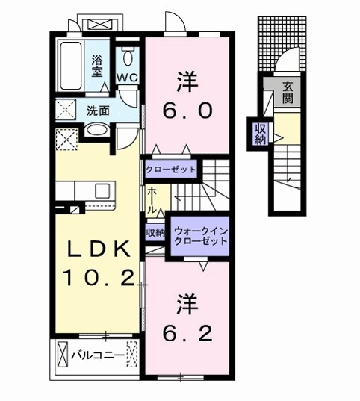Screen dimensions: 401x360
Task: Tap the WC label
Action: click(x=126, y=77)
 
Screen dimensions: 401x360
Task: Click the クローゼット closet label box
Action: click(x=171, y=170)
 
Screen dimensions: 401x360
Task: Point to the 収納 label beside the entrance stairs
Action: click(x=259, y=134)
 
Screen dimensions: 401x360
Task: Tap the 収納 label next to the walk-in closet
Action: click(x=155, y=233)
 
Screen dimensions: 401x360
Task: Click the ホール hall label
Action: click(x=152, y=199)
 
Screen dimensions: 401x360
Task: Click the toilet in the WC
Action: click(x=128, y=55)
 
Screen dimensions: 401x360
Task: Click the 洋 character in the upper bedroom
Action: click(x=187, y=79)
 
